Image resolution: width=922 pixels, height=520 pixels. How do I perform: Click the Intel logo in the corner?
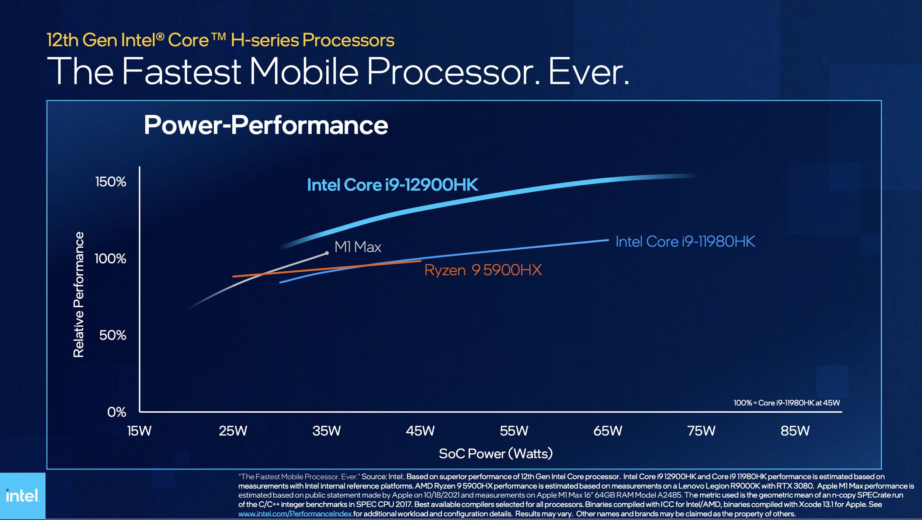pyautogui.click(x=22, y=496)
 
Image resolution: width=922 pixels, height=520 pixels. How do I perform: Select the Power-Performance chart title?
pyautogui.click(x=266, y=125)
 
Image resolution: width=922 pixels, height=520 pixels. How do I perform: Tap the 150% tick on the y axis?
pyautogui.click(x=111, y=182)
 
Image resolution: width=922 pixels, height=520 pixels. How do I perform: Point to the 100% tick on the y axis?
pyautogui.click(x=110, y=259)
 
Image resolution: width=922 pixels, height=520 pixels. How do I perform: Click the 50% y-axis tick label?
pyautogui.click(x=112, y=335)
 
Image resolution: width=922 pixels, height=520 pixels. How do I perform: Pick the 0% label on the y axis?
pyautogui.click(x=117, y=412)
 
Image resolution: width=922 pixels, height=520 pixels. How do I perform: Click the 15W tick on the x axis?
pyautogui.click(x=139, y=431)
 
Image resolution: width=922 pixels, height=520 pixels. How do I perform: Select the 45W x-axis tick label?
pyautogui.click(x=420, y=431)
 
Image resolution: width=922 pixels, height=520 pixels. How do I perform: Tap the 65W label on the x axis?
pyautogui.click(x=607, y=431)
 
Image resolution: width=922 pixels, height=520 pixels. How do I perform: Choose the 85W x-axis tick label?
pyautogui.click(x=795, y=431)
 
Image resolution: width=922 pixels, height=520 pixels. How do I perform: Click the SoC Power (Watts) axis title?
pyautogui.click(x=496, y=454)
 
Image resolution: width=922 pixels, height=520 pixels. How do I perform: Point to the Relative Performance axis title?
pyautogui.click(x=79, y=294)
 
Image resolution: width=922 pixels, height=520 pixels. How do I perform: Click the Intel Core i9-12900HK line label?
pyautogui.click(x=392, y=185)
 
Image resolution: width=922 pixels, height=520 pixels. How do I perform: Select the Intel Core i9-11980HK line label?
pyautogui.click(x=685, y=242)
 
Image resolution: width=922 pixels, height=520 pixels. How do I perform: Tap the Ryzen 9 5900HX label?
pyautogui.click(x=483, y=270)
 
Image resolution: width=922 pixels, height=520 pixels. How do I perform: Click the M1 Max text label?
pyautogui.click(x=357, y=247)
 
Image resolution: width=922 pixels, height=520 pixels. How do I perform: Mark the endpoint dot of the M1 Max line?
pyautogui.click(x=327, y=253)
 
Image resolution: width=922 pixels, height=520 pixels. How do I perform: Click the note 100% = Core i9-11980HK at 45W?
pyautogui.click(x=786, y=403)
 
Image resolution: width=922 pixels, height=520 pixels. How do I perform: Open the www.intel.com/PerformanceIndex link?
pyautogui.click(x=295, y=514)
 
